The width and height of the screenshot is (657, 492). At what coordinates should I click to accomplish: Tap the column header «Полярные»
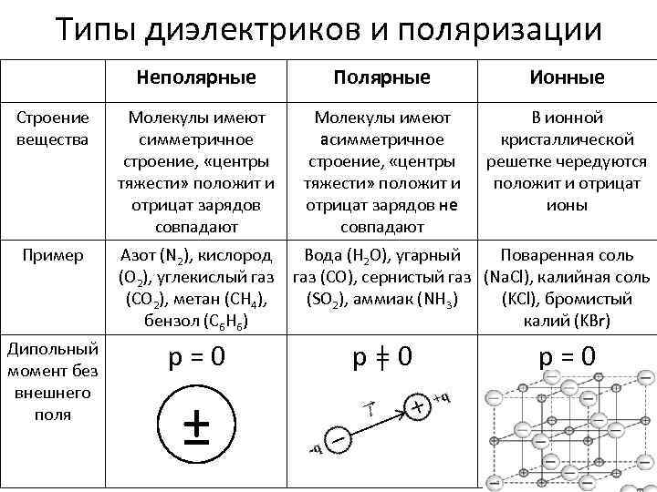pyautogui.click(x=381, y=77)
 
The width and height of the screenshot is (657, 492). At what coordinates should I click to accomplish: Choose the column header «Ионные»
pyautogui.click(x=567, y=77)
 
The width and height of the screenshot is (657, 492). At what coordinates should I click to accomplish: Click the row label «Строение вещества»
pyautogui.click(x=52, y=128)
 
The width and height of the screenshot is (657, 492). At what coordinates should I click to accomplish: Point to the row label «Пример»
pyautogui.click(x=52, y=255)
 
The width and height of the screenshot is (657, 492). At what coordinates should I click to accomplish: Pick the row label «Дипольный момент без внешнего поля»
pyautogui.click(x=52, y=380)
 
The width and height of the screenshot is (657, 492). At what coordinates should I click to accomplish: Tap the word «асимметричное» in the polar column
pyautogui.click(x=381, y=139)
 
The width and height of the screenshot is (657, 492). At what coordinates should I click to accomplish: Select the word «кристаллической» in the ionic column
pyautogui.click(x=567, y=139)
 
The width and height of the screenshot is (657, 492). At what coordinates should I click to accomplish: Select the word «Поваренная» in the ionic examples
pyautogui.click(x=544, y=255)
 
